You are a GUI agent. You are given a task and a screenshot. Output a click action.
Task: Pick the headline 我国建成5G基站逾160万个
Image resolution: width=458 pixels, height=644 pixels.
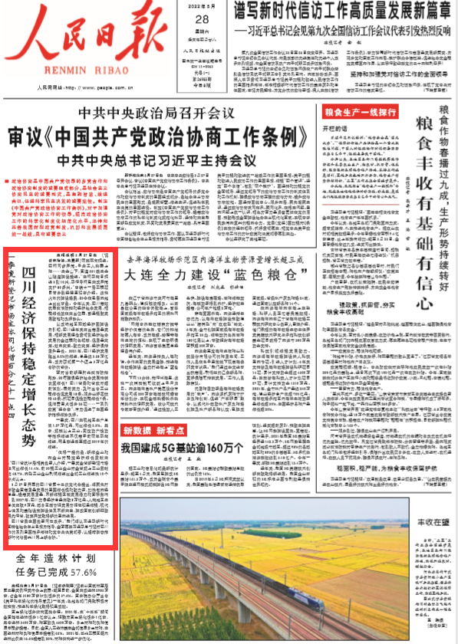(x=183, y=450)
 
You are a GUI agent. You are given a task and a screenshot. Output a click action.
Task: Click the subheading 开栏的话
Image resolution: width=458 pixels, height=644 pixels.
(x=334, y=128)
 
